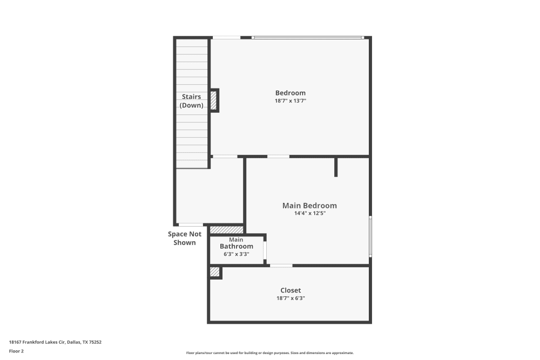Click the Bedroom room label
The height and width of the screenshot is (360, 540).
pyautogui.click(x=290, y=93)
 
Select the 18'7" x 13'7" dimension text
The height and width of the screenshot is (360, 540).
pyautogui.click(x=290, y=101)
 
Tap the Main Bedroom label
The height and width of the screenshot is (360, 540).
pyautogui.click(x=309, y=206)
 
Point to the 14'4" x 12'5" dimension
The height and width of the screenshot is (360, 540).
pyautogui.click(x=309, y=213)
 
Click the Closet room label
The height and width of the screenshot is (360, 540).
pyautogui.click(x=291, y=290)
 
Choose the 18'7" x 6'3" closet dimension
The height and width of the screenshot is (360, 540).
pyautogui.click(x=291, y=298)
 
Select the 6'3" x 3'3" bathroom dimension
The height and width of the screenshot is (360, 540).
pyautogui.click(x=236, y=254)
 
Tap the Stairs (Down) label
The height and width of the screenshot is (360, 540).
pyautogui.click(x=191, y=101)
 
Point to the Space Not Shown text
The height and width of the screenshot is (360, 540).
pyautogui.click(x=185, y=238)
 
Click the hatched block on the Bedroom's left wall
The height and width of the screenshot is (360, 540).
pyautogui.click(x=213, y=100)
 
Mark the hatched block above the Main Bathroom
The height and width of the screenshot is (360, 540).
pyautogui.click(x=226, y=229)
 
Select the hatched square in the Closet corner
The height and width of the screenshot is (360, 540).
pyautogui.click(x=214, y=272)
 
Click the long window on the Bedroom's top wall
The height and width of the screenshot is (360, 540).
pyautogui.click(x=308, y=37)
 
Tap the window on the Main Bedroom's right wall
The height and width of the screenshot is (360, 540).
pyautogui.click(x=370, y=236)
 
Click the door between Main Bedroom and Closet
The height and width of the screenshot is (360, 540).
pyautogui.click(x=281, y=266)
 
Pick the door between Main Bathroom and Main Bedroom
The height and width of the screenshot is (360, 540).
pyautogui.click(x=265, y=250)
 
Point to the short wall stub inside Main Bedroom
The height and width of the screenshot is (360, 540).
pyautogui.click(x=336, y=167)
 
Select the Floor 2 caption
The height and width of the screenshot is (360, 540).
pyautogui.click(x=16, y=351)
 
